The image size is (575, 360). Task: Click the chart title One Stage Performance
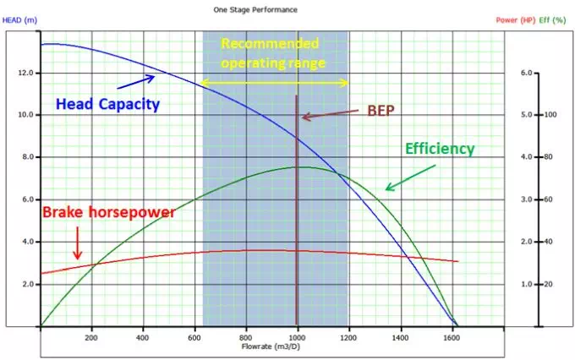(x=255, y=10)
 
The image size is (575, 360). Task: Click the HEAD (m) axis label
(x=19, y=20)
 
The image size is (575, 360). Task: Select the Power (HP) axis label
(x=516, y=20)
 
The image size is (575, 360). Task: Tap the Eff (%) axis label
(x=552, y=20)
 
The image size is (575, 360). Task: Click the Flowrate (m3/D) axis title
(x=271, y=346)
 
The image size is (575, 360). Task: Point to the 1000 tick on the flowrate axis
(x=298, y=337)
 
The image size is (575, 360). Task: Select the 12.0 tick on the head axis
(x=25, y=73)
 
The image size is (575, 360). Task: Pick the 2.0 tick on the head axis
(x=28, y=284)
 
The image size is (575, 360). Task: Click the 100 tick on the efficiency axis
(x=550, y=115)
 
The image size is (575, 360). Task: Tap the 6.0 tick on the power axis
(x=526, y=73)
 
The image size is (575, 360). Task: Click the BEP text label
(x=381, y=111)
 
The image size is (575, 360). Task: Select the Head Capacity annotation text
(x=108, y=105)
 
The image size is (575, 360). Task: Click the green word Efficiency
(x=440, y=149)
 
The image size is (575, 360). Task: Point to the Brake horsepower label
(x=109, y=213)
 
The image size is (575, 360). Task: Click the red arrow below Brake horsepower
(x=78, y=243)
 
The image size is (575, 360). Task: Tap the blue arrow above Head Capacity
(x=135, y=82)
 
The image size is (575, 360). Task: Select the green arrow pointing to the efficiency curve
(x=410, y=177)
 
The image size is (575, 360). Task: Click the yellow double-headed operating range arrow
(x=274, y=83)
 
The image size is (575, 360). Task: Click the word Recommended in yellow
(x=270, y=44)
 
